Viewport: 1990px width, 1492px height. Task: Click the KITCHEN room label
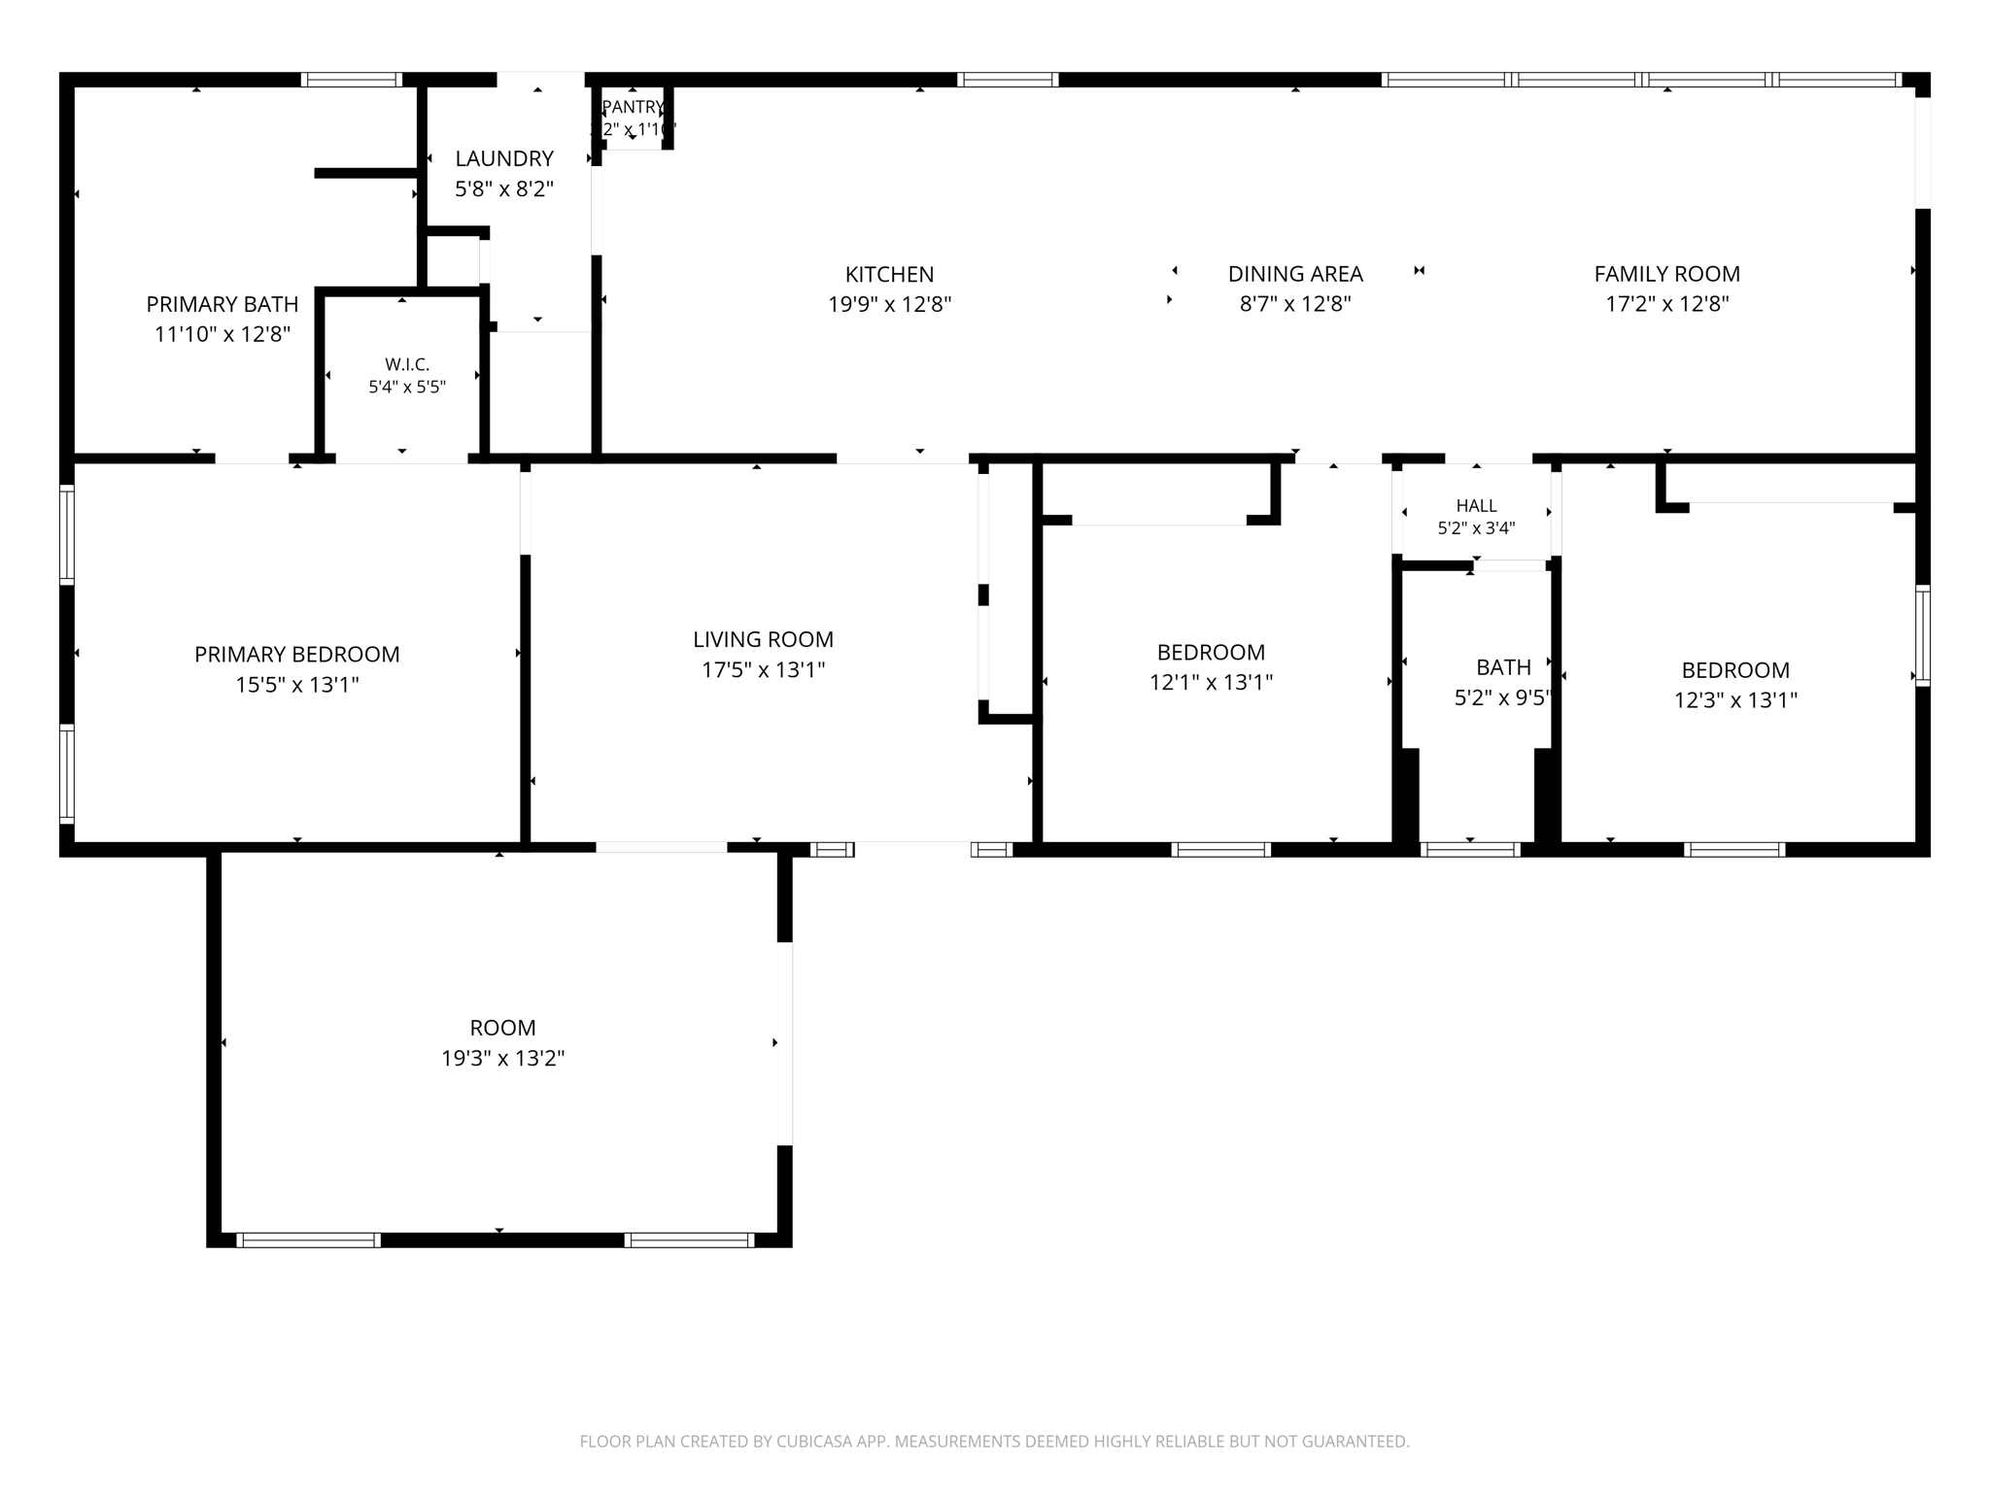[889, 275]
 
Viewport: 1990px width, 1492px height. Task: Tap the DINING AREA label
[1295, 275]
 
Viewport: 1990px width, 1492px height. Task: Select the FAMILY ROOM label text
[1666, 275]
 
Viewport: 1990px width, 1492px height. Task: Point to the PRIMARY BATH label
[223, 305]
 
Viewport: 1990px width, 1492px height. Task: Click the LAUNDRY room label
[504, 158]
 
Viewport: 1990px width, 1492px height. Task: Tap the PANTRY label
[633, 107]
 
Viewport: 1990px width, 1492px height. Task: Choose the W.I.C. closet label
[407, 364]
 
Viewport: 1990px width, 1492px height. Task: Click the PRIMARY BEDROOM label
[297, 655]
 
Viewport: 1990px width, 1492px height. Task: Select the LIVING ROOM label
[763, 639]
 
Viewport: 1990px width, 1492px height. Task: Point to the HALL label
[1476, 506]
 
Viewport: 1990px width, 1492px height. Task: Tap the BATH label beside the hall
[1503, 667]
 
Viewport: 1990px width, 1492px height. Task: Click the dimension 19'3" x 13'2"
[503, 1058]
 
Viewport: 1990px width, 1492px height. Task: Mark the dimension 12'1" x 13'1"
[1211, 682]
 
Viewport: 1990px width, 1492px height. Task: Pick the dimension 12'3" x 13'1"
[1735, 700]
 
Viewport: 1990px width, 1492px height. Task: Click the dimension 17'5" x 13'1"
[763, 669]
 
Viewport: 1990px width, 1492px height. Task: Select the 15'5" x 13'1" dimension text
[297, 685]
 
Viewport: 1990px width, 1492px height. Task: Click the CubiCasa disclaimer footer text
[994, 1441]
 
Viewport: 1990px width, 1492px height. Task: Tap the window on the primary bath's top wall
[351, 80]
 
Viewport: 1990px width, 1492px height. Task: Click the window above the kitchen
[1008, 80]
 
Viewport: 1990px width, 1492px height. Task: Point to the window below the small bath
[1470, 850]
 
